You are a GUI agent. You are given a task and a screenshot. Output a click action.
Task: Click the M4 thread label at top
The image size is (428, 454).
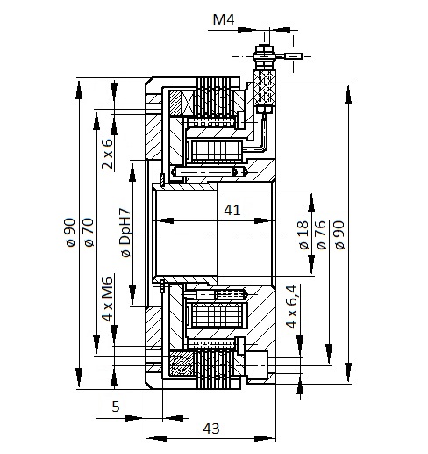tap(224, 19)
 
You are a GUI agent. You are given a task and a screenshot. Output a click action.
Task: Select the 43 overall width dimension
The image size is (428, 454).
tap(211, 429)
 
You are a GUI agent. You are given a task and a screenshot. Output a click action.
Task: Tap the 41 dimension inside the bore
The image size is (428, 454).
tap(232, 210)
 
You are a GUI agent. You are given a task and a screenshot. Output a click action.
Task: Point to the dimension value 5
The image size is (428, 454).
tap(116, 407)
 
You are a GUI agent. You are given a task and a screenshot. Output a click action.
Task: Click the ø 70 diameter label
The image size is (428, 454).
tap(89, 233)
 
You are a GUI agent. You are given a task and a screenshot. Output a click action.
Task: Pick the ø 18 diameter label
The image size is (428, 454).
tap(303, 235)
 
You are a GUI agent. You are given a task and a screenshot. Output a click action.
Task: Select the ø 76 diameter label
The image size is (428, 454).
tap(321, 235)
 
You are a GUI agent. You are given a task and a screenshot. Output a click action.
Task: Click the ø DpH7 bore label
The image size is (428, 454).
tap(125, 233)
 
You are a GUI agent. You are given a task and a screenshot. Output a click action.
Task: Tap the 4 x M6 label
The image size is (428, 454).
tap(107, 299)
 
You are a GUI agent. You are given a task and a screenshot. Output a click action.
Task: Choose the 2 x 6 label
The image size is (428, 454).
tap(107, 154)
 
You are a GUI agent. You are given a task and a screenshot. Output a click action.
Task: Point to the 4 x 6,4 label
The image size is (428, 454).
tap(291, 306)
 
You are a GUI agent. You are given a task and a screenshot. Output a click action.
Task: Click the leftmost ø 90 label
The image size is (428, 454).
tap(70, 233)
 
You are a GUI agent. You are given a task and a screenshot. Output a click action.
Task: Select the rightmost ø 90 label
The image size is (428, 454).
tap(339, 235)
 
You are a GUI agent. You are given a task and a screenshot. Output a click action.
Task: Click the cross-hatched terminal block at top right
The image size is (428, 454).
tap(265, 87)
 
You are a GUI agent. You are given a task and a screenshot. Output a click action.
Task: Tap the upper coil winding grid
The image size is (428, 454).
tap(217, 151)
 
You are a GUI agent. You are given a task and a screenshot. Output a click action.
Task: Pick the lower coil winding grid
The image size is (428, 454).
tap(217, 315)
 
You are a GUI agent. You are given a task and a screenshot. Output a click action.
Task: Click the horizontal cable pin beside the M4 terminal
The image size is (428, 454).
tap(293, 55)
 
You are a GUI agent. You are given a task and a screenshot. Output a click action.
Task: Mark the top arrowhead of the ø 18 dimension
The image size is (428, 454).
tap(311, 202)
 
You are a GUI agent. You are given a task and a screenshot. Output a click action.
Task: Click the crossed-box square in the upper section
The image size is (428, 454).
tap(187, 104)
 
